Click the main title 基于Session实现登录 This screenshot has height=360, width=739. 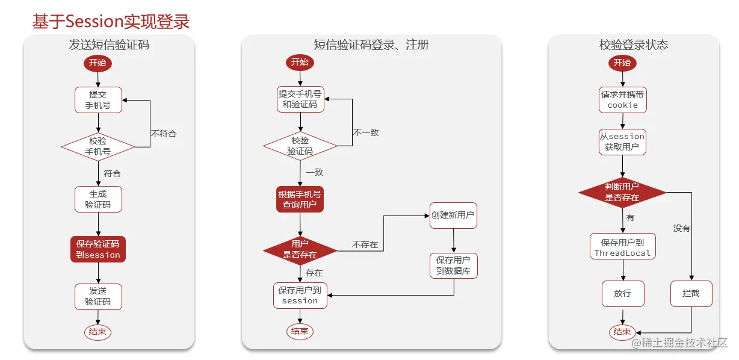point(111,22)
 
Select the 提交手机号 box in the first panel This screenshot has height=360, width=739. point(98,99)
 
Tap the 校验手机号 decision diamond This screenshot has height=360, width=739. point(98,146)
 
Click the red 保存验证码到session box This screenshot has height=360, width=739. point(98,249)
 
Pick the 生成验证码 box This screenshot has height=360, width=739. point(98,199)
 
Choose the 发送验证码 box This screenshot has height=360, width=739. point(98,296)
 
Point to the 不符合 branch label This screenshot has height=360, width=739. point(164,133)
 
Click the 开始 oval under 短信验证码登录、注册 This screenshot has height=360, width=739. point(300,62)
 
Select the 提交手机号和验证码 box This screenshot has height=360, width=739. point(300,99)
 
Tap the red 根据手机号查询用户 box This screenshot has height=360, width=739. point(300,199)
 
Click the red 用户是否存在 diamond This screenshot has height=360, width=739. point(300,249)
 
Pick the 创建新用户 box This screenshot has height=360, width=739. point(453,215)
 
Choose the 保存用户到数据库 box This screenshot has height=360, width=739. point(453,265)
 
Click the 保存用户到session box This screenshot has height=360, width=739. point(300,295)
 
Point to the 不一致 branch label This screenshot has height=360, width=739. point(366,132)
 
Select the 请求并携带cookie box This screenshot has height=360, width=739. point(622,99)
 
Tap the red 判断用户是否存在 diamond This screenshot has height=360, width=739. point(622,192)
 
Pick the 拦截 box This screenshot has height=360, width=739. point(691,294)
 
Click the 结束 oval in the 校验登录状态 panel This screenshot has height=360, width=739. point(622,332)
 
